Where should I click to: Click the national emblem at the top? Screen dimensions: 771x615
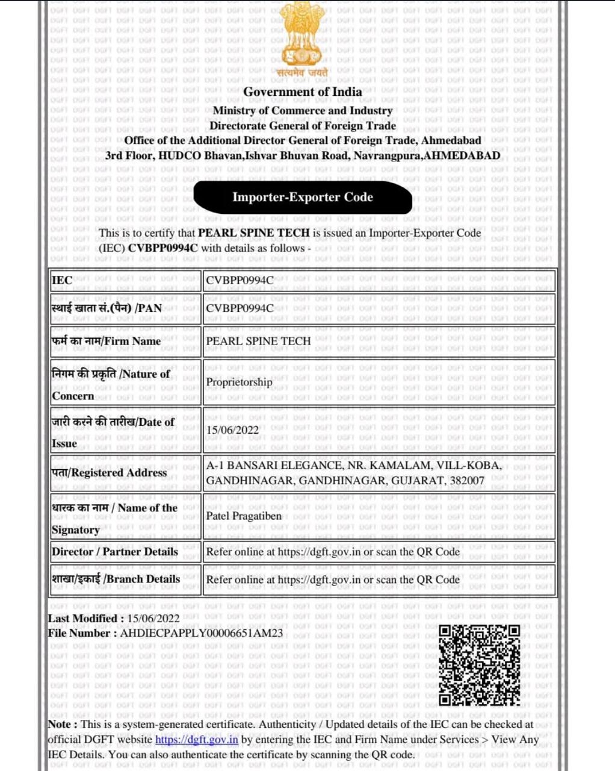(x=303, y=37)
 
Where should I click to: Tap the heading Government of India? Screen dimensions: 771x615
(x=303, y=92)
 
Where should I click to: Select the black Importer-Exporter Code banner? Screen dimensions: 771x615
(x=303, y=198)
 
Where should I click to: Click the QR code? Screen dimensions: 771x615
(x=479, y=665)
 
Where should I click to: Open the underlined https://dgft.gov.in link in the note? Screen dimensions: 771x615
(x=197, y=740)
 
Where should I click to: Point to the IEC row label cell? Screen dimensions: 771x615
(x=62, y=280)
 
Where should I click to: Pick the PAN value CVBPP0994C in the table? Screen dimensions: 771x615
(x=240, y=308)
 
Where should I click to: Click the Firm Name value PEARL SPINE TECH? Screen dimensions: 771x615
(x=258, y=341)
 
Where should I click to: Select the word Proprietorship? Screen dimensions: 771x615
(x=239, y=382)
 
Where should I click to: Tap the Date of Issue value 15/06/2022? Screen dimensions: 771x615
(x=232, y=430)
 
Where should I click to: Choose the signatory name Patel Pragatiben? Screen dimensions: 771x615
(x=244, y=516)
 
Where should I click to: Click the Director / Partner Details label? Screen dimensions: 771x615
(x=115, y=552)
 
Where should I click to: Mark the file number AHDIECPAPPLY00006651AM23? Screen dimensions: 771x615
(x=201, y=634)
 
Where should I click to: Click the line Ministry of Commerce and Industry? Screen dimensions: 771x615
(x=303, y=111)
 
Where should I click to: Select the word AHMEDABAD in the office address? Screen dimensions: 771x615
(x=462, y=155)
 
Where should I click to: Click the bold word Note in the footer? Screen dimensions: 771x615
(x=60, y=725)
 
